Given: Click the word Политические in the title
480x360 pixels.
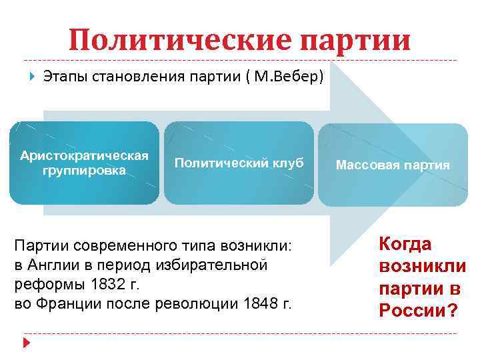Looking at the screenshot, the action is [x=179, y=41].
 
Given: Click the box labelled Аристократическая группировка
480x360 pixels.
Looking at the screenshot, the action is [x=84, y=163].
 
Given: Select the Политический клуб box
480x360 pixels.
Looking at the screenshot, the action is [x=239, y=163].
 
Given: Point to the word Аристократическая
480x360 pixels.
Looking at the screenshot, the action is [x=84, y=156].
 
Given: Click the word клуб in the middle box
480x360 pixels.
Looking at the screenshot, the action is [x=287, y=163].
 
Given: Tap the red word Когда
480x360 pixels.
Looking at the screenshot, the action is [x=405, y=244].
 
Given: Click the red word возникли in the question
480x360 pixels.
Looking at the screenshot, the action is [x=422, y=267].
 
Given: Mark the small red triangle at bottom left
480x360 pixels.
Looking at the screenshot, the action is [x=27, y=342].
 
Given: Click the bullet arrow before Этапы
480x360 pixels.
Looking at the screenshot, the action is [x=32, y=77].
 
